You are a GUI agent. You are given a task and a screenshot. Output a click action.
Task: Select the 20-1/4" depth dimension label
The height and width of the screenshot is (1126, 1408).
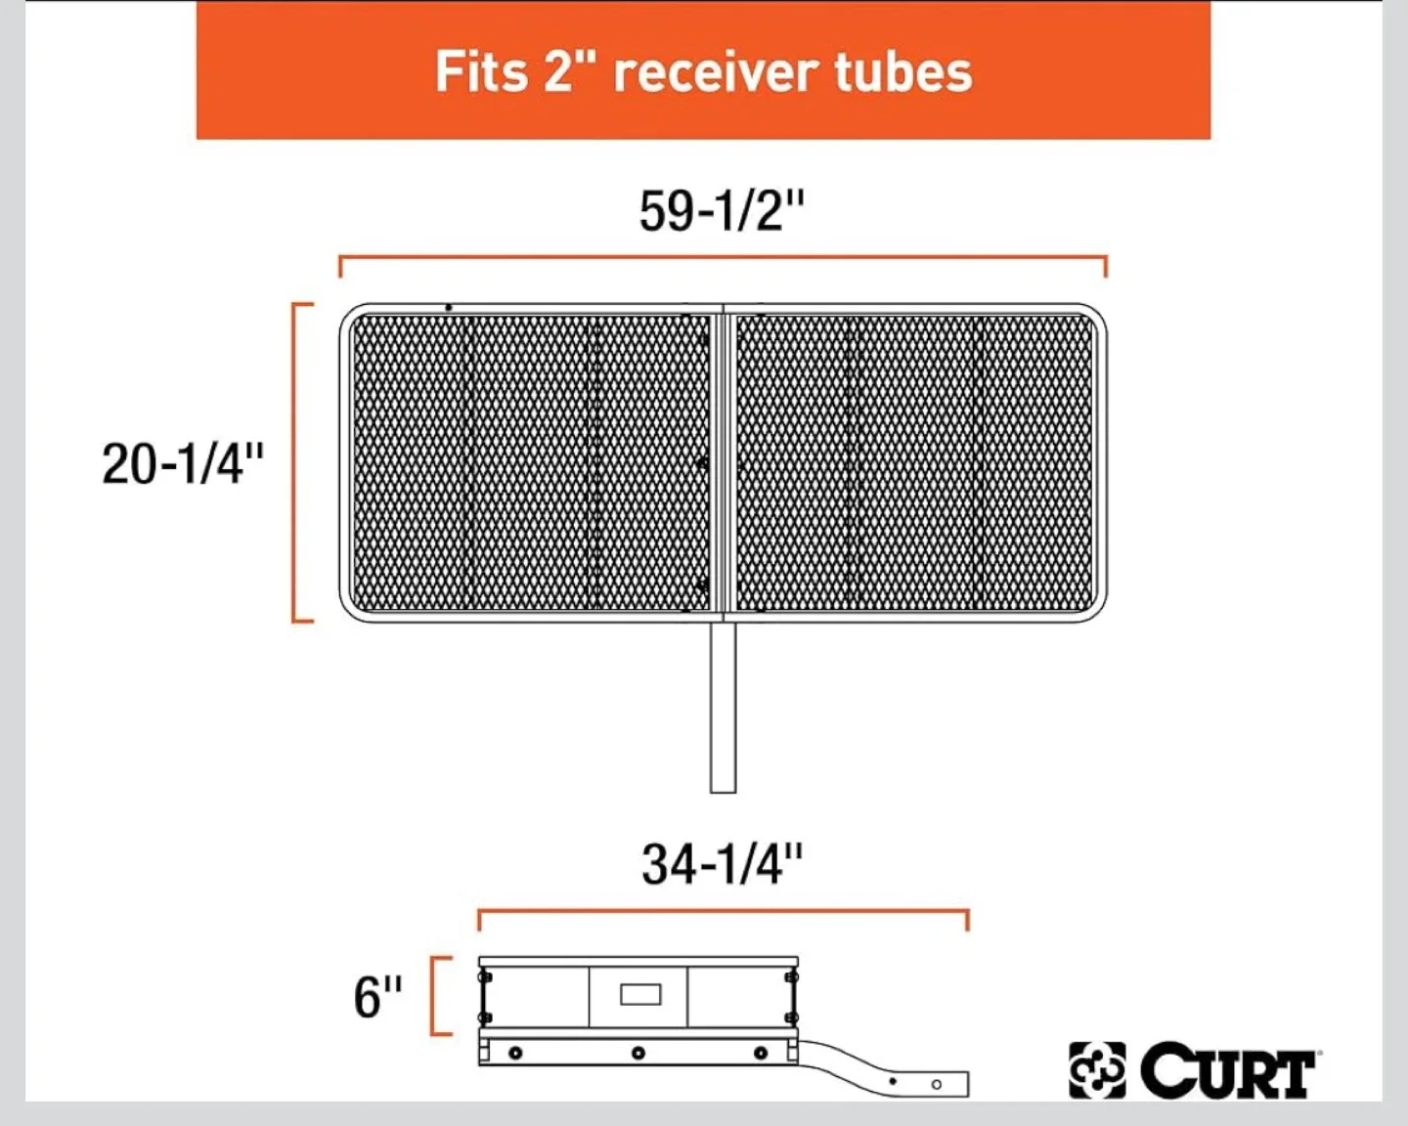pyautogui.click(x=183, y=463)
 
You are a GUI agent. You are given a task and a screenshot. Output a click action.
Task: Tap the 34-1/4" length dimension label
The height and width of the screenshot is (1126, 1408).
pyautogui.click(x=722, y=864)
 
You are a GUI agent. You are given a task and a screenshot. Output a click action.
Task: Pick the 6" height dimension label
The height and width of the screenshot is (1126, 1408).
pyautogui.click(x=377, y=997)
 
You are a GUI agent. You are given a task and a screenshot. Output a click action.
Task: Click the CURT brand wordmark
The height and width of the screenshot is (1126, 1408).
pyautogui.click(x=1228, y=1071)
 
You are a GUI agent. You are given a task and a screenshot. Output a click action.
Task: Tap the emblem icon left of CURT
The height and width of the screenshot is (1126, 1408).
pyautogui.click(x=1097, y=1070)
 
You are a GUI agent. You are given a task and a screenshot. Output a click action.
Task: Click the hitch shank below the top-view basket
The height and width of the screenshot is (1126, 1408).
pyautogui.click(x=723, y=706)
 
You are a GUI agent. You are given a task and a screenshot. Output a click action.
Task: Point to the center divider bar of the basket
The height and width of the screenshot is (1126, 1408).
pyautogui.click(x=723, y=461)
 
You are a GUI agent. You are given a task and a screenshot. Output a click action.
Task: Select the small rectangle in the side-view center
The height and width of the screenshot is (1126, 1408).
pyautogui.click(x=640, y=995)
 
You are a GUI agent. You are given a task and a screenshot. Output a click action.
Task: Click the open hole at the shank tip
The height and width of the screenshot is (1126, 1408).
pyautogui.click(x=936, y=1084)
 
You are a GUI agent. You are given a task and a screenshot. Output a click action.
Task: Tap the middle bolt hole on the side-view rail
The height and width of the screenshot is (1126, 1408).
pyautogui.click(x=638, y=1053)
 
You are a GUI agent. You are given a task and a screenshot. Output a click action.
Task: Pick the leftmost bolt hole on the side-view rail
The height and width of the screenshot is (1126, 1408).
pyautogui.click(x=515, y=1053)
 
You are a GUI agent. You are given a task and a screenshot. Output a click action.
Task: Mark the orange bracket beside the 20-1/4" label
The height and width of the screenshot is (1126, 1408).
pyautogui.click(x=295, y=461)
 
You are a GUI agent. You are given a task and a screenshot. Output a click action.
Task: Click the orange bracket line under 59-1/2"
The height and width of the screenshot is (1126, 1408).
pyautogui.click(x=722, y=258)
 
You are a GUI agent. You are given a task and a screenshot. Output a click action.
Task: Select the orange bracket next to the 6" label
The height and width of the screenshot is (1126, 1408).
pyautogui.click(x=434, y=995)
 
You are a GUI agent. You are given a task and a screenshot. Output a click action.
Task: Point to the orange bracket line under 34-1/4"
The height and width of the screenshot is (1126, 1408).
pyautogui.click(x=722, y=913)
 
